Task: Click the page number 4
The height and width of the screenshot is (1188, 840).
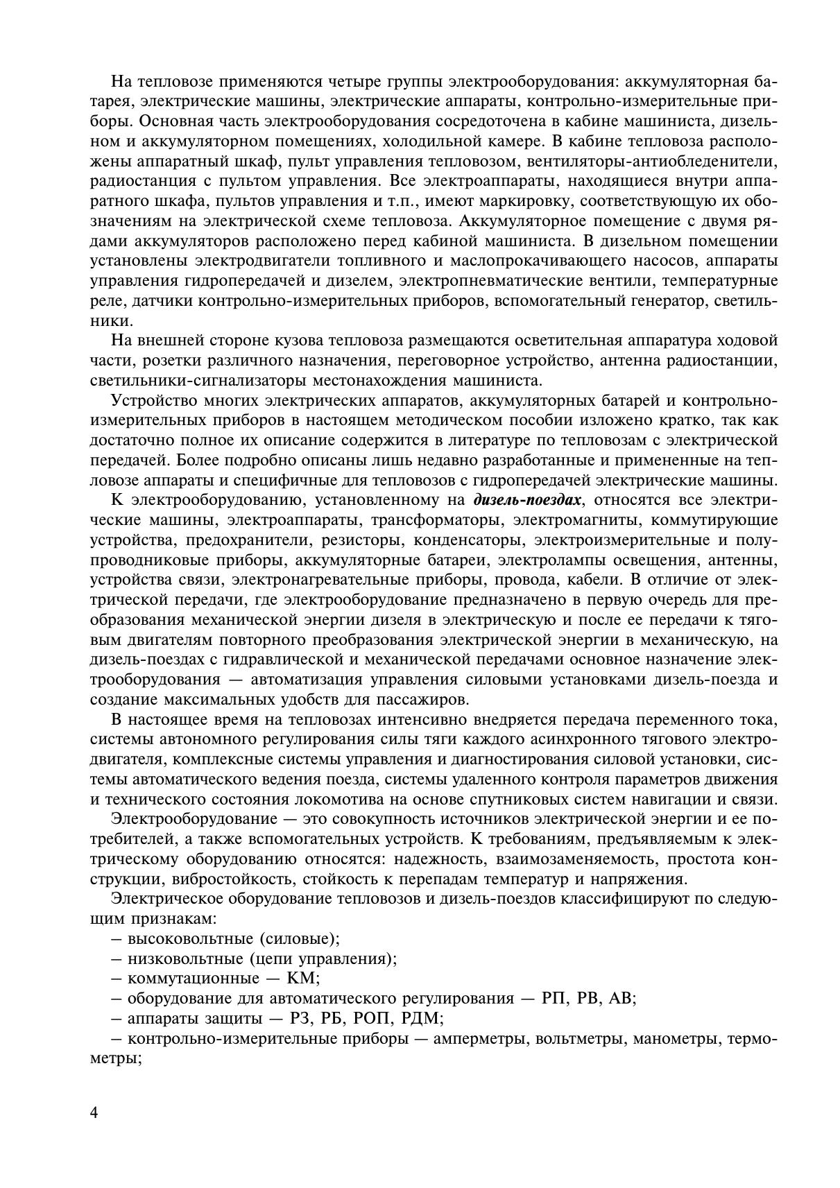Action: tap(94, 1112)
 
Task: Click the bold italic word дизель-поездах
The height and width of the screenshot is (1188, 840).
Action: tap(526, 500)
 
